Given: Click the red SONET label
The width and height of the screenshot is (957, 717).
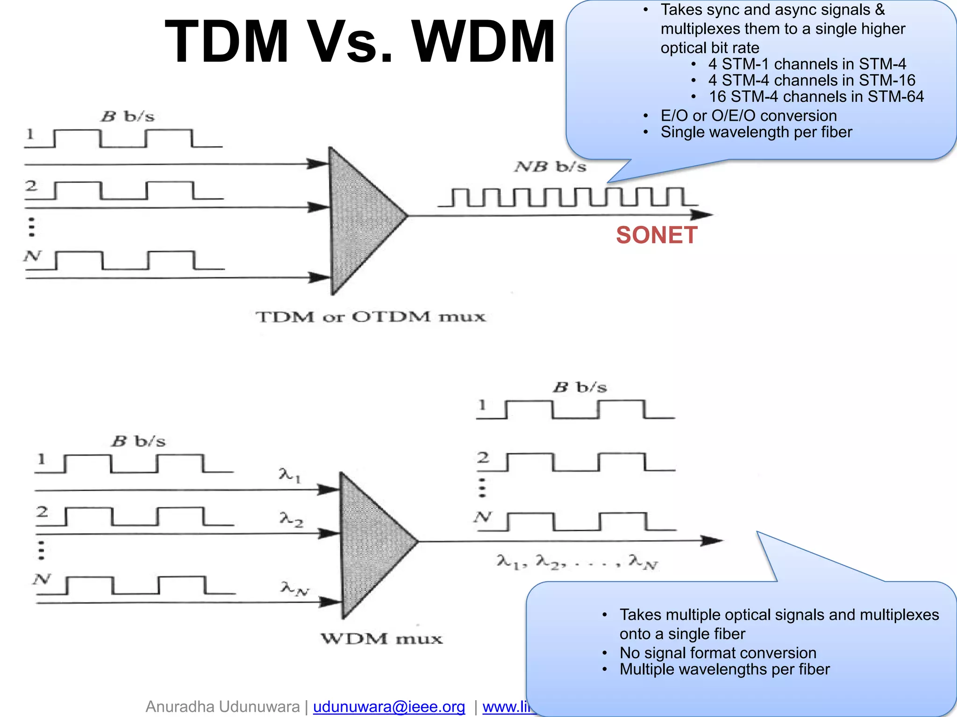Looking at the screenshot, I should (x=657, y=235).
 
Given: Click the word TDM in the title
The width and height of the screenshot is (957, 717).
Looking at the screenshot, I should (x=227, y=42).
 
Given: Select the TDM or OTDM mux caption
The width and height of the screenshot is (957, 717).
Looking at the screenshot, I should (x=371, y=317).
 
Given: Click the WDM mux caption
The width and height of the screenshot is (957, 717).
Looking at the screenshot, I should (x=381, y=639).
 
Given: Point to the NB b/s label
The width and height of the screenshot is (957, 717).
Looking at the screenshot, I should (x=550, y=167).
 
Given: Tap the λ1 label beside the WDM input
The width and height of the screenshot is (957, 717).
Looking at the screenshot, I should (x=290, y=475).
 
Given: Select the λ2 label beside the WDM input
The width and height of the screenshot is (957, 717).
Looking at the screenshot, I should (x=291, y=519).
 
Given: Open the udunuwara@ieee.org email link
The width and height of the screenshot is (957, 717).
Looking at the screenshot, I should (x=389, y=707).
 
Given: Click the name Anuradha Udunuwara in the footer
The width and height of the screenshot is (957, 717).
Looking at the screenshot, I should (x=222, y=707).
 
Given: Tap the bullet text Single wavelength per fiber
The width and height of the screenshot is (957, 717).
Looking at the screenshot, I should (x=756, y=132).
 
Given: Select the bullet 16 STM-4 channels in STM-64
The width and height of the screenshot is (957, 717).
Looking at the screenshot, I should (x=816, y=97).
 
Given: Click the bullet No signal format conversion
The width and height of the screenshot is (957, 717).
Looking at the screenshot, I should (x=718, y=653).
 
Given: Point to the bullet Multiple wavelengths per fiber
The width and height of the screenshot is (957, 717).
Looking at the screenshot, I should (x=724, y=669).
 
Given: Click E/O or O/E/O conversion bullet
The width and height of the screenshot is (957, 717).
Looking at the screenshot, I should (x=749, y=116).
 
